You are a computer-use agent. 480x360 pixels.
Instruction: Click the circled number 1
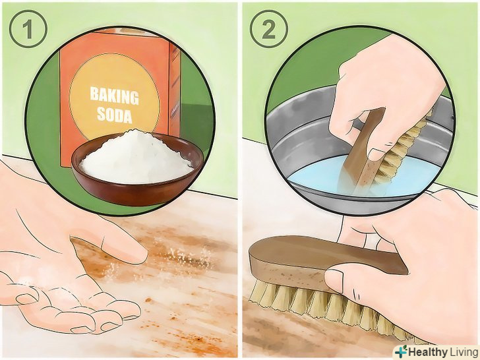pyautogui.click(x=28, y=29)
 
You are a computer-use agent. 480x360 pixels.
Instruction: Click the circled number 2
pyautogui.click(x=268, y=29)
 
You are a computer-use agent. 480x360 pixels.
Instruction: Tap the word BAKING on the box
pyautogui.click(x=114, y=96)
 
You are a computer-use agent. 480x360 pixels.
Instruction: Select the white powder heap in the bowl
pyautogui.click(x=136, y=158)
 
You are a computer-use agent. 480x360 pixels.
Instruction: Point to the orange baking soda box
pyautogui.click(x=120, y=92)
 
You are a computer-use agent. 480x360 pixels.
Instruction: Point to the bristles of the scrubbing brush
pyautogui.click(x=330, y=309)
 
